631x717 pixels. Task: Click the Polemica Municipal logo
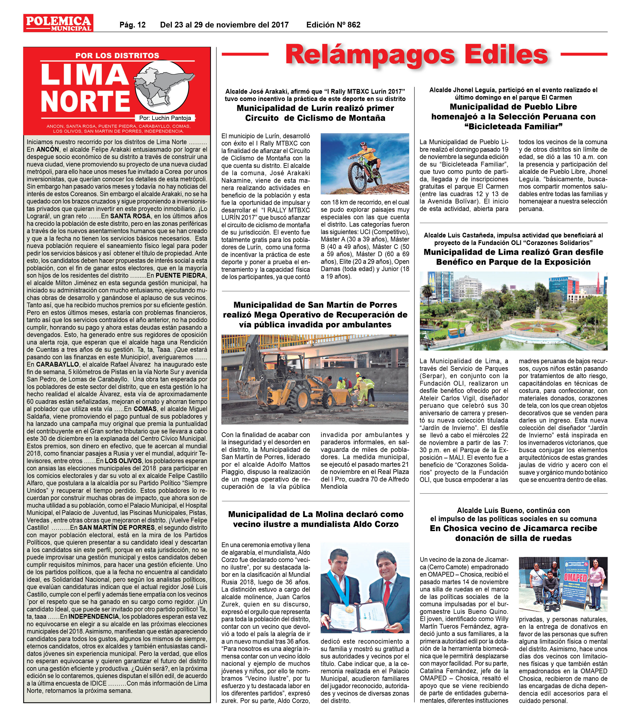point(58,23)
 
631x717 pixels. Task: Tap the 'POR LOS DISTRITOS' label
point(117,55)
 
